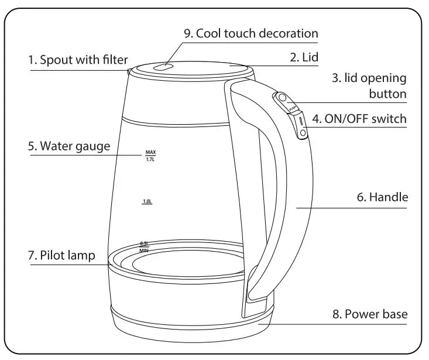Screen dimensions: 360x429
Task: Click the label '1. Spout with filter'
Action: [x=78, y=60]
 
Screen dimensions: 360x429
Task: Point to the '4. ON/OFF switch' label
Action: [x=359, y=119]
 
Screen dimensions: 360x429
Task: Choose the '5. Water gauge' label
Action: [x=68, y=146]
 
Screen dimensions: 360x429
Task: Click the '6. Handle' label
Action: [x=382, y=198]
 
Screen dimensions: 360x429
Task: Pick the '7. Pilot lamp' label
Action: [x=61, y=255]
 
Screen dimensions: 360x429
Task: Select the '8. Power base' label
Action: [x=370, y=314]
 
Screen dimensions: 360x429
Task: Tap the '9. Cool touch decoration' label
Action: [x=251, y=33]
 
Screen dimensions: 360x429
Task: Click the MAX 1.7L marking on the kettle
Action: [x=150, y=156]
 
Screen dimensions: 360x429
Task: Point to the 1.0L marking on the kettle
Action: [x=147, y=201]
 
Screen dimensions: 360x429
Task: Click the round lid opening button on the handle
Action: [x=282, y=97]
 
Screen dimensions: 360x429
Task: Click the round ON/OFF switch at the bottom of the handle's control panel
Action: [x=302, y=133]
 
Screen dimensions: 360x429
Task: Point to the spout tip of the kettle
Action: [x=129, y=71]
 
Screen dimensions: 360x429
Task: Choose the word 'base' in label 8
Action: [x=394, y=314]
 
